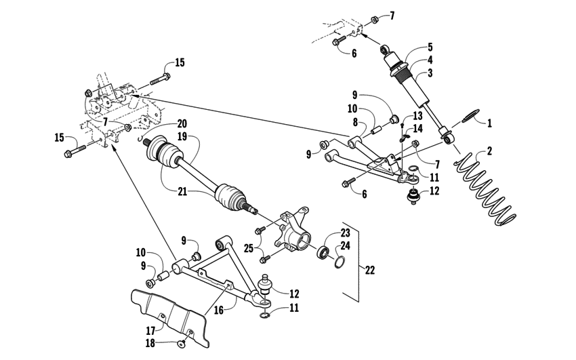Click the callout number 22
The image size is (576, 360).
(x=369, y=270)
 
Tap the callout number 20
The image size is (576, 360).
(x=182, y=123)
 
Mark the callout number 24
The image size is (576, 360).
(x=346, y=246)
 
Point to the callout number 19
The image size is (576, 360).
(x=182, y=136)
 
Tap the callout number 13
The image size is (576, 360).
(x=417, y=116)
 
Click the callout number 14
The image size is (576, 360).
(x=417, y=128)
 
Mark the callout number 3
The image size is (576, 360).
(x=429, y=72)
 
